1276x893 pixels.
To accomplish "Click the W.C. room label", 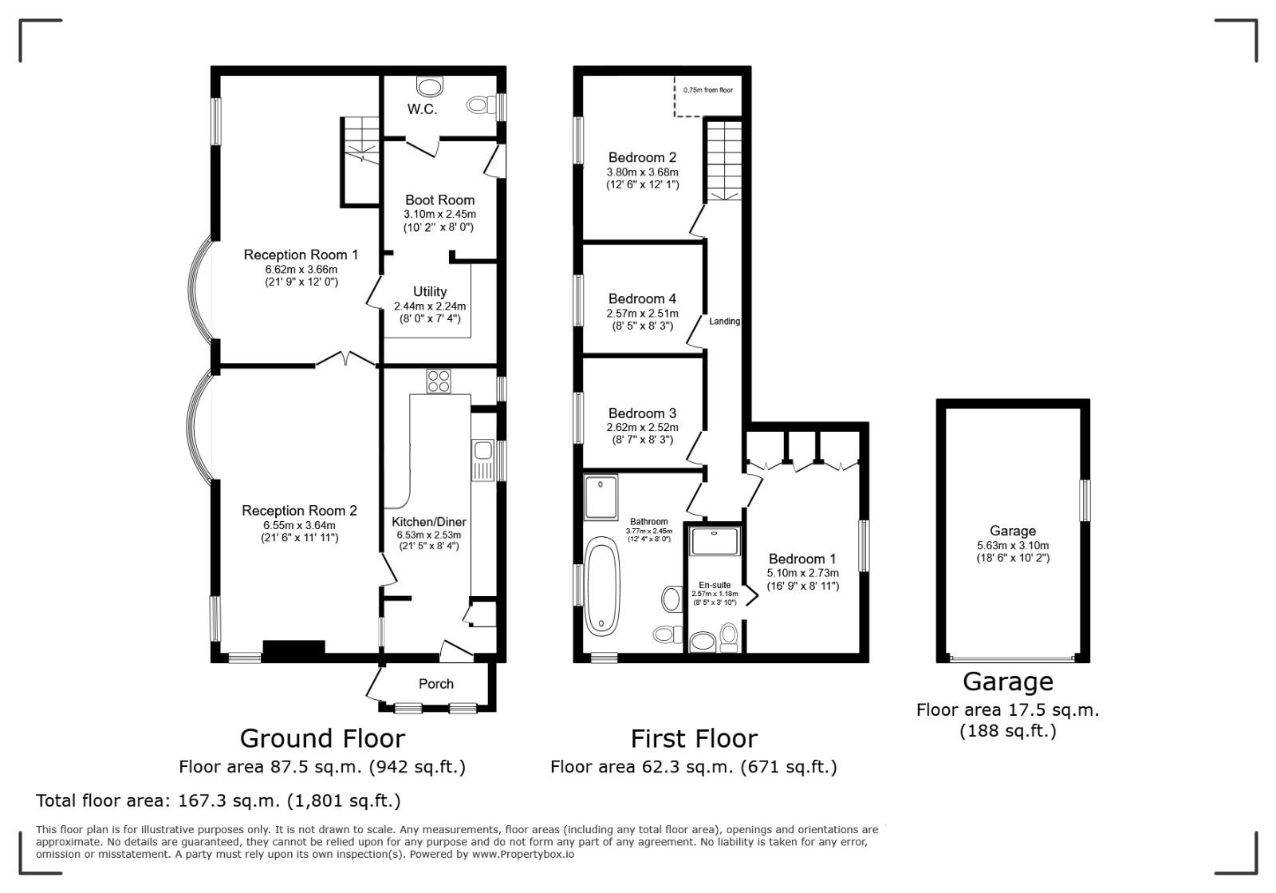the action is click(x=422, y=109).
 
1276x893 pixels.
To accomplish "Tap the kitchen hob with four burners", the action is click(x=439, y=381).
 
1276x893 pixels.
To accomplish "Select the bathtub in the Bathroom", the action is click(x=602, y=586).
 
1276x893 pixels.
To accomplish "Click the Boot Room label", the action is click(x=439, y=200).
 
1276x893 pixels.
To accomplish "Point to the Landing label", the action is click(x=725, y=322).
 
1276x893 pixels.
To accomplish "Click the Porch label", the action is click(x=436, y=684).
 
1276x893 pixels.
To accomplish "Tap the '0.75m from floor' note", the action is click(x=708, y=90).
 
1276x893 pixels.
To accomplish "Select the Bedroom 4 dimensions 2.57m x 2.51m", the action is click(x=643, y=314).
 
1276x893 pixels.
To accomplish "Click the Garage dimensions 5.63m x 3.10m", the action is click(x=1013, y=545).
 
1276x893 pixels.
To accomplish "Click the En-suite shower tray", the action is click(x=715, y=541).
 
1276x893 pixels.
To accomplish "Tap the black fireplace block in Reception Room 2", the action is click(x=294, y=648).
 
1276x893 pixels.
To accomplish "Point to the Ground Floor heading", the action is click(x=322, y=738).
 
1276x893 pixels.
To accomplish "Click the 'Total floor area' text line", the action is click(x=219, y=800).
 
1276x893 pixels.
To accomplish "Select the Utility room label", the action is click(x=430, y=292).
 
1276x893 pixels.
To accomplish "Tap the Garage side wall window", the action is click(x=1085, y=500).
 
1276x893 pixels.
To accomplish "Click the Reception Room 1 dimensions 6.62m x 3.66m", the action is click(x=301, y=270).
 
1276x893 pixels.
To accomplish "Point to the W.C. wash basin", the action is click(x=430, y=86).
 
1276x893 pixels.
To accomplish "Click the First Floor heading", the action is click(x=694, y=738).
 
